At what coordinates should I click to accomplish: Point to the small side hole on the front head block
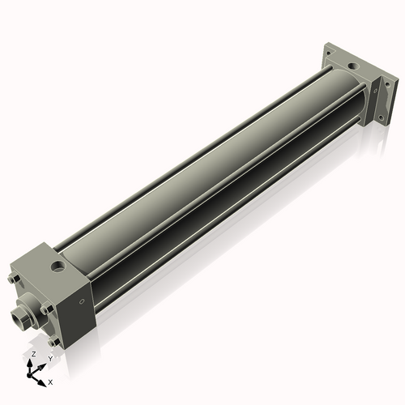[82, 302]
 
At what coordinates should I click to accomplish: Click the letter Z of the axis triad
[32, 355]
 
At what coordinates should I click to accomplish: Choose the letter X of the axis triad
[50, 381]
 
